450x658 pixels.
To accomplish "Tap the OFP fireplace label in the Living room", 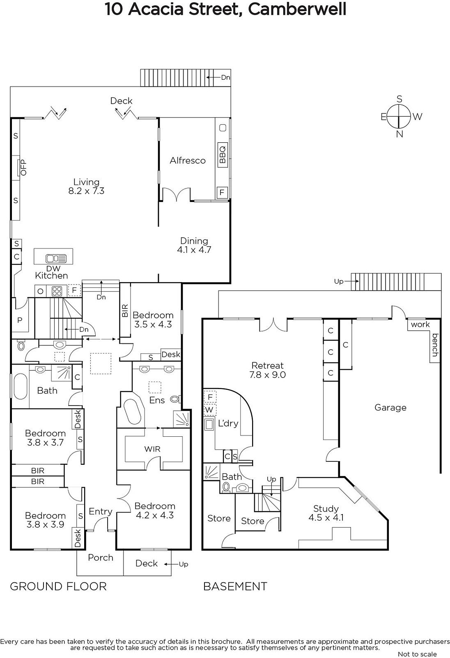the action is click(23, 167).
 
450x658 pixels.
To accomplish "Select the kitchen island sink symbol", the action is click(56, 259).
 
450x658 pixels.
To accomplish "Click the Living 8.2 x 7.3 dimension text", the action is click(86, 191).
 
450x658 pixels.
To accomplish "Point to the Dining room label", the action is click(194, 241).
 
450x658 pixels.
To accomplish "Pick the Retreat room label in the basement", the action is click(268, 366).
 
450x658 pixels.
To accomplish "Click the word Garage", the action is click(390, 408).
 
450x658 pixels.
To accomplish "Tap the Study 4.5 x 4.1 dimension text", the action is click(326, 517).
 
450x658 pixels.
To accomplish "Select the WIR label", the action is click(152, 449).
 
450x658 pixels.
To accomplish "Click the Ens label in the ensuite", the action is click(157, 400).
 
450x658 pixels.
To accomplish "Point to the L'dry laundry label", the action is click(228, 423).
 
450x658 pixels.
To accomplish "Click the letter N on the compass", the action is click(399, 134).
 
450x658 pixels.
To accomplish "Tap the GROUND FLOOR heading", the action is click(58, 586).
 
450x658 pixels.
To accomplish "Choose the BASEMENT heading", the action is click(235, 586).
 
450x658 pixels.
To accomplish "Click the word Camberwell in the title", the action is click(297, 9).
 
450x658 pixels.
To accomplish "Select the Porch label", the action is click(101, 558).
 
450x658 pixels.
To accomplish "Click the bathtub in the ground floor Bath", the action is click(20, 386).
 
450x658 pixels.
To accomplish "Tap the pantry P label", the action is click(20, 320).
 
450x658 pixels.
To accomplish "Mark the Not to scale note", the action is click(417, 654).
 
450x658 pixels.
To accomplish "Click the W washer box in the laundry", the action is click(209, 410).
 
